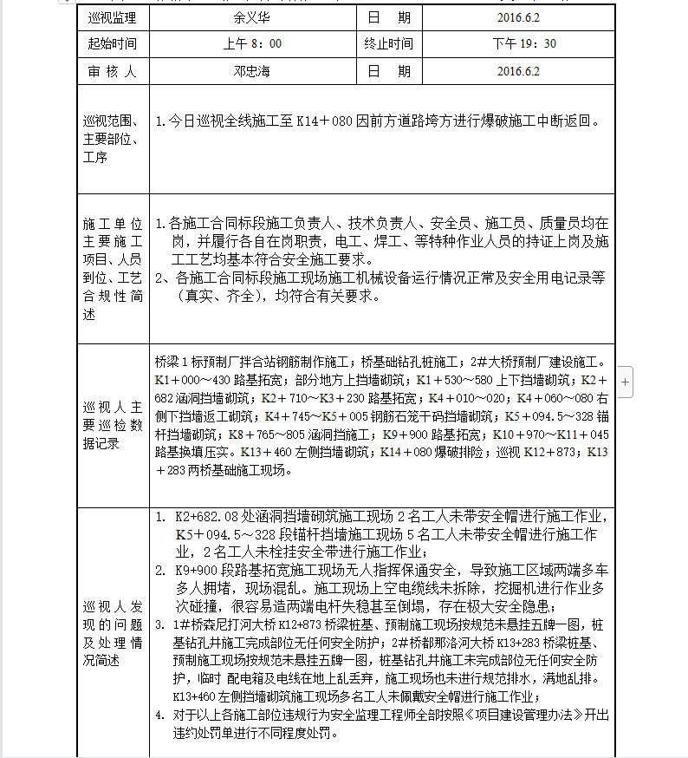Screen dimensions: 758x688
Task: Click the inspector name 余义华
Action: pyautogui.click(x=251, y=16)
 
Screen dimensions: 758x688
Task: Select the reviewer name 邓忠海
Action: pyautogui.click(x=251, y=71)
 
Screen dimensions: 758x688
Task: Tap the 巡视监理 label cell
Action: pyautogui.click(x=113, y=16)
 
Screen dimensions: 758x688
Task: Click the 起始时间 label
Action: pyautogui.click(x=113, y=43)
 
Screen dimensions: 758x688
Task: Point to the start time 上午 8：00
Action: pyautogui.click(x=251, y=43)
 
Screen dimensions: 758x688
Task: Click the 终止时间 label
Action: pyautogui.click(x=388, y=43)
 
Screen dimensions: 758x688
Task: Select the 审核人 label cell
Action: pyautogui.click(x=113, y=71)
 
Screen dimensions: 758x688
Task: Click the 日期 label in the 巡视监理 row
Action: pyautogui.click(x=388, y=16)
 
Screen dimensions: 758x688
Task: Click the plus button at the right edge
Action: pyautogui.click(x=626, y=381)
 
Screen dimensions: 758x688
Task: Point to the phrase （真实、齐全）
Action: pyautogui.click(x=217, y=296)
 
